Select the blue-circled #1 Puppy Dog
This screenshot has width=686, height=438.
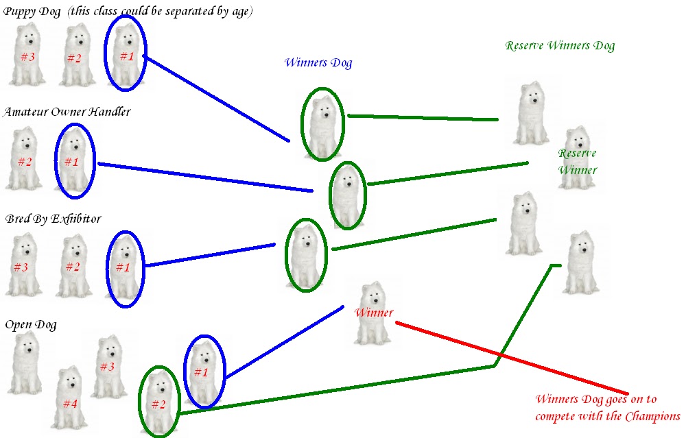126,55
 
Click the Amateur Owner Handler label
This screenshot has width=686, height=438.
67,111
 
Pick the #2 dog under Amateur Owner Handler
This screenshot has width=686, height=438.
25,160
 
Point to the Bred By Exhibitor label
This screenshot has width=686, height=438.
53,219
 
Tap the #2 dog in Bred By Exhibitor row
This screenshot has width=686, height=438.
73,266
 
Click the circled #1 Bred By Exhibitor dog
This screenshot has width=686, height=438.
123,267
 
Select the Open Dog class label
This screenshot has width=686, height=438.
31,324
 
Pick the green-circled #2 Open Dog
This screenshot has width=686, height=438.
158,402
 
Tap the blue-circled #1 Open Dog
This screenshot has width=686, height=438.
202,371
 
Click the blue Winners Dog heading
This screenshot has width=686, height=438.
318,63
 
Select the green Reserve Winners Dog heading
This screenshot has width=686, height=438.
560,46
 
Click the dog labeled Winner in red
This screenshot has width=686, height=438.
373,313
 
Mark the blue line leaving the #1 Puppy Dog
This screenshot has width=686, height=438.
216,97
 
